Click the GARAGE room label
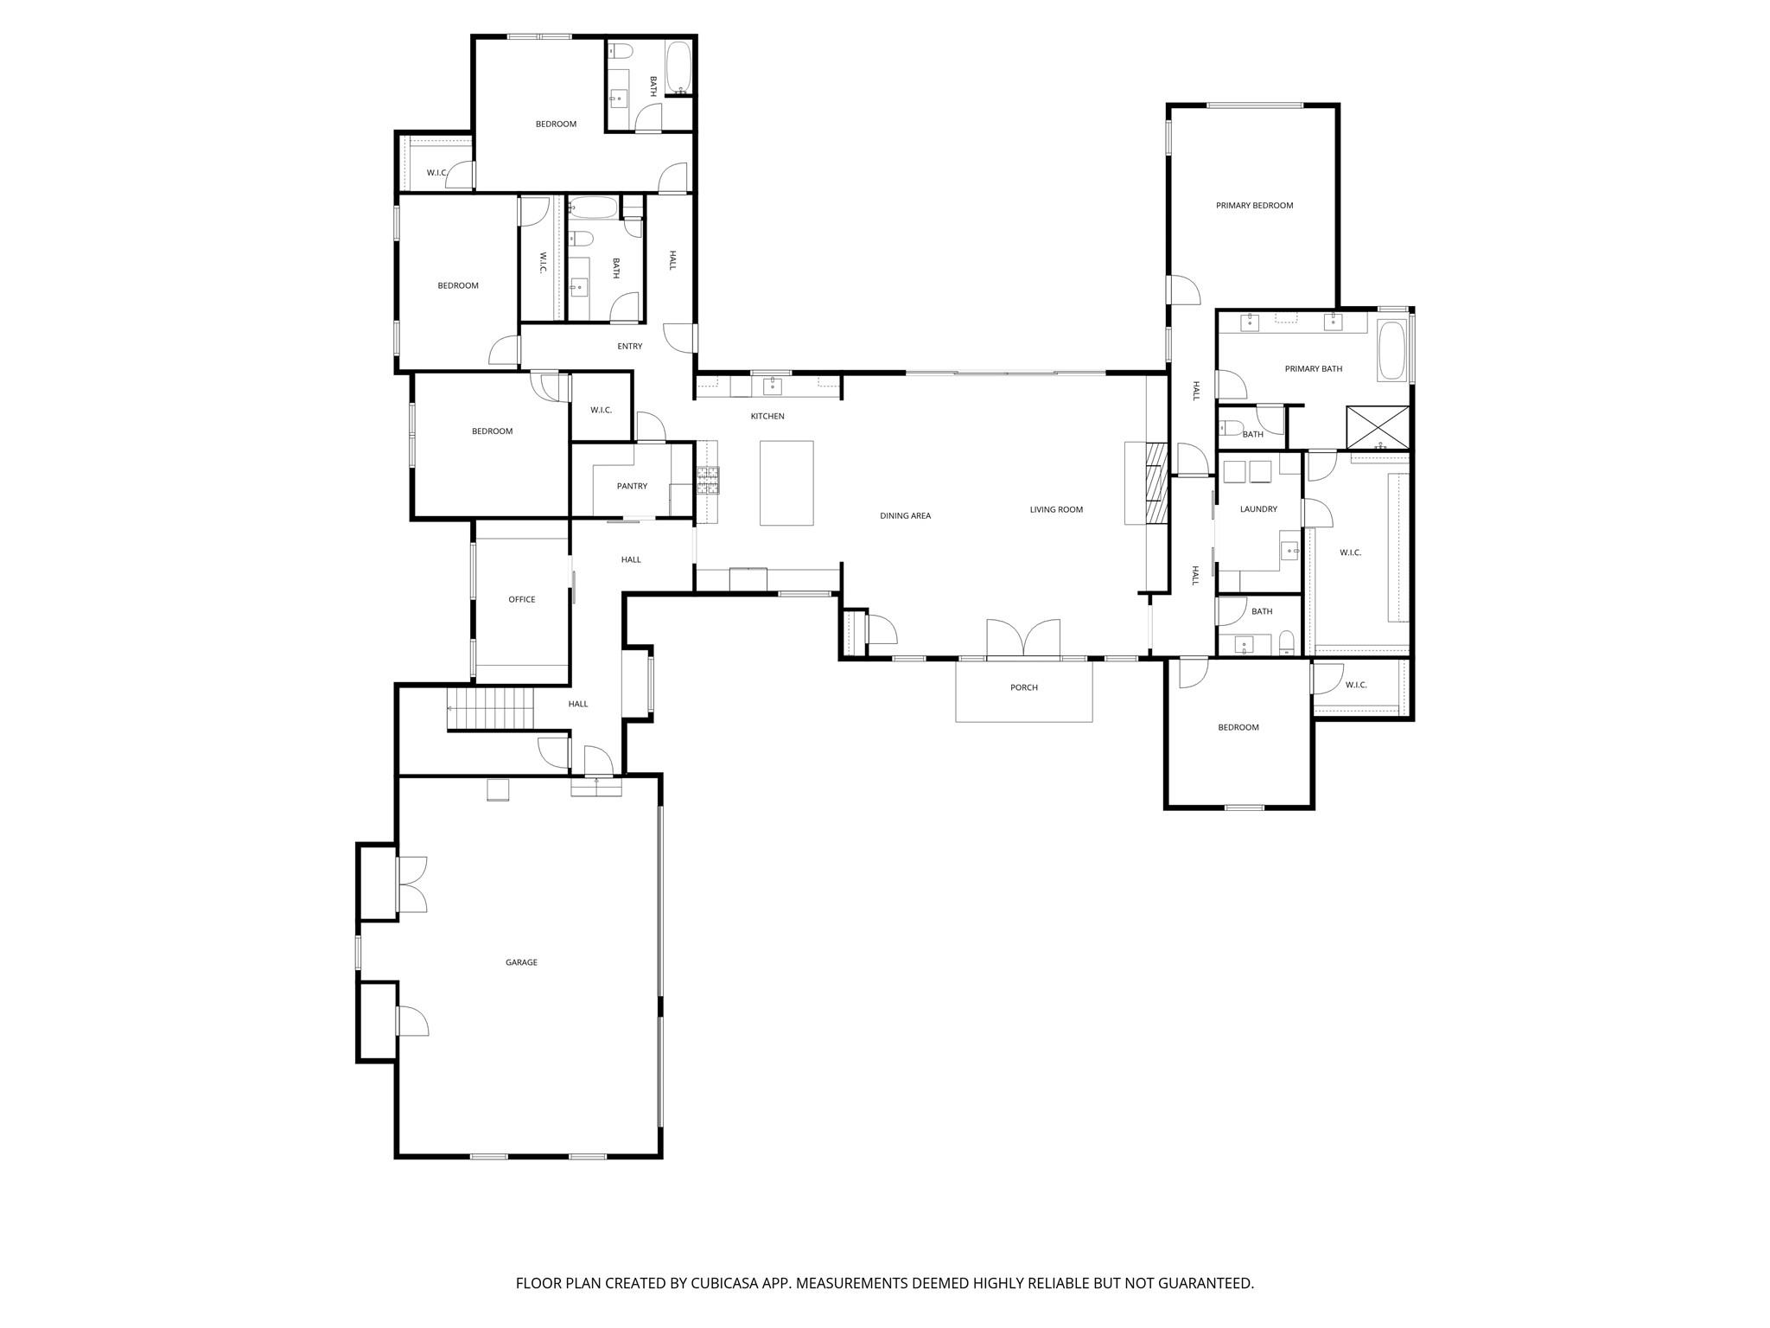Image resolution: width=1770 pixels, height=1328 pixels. click(521, 962)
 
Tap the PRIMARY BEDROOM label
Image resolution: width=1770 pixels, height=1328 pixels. click(1254, 206)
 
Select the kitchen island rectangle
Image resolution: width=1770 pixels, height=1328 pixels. click(786, 482)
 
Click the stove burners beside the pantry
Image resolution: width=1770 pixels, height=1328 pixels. click(709, 480)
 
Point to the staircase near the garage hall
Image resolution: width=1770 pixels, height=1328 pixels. click(490, 709)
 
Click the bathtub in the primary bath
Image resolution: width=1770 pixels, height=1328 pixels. click(1391, 351)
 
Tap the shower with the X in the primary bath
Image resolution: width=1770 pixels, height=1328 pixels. click(1377, 426)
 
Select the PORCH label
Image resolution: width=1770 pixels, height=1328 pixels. click(1023, 687)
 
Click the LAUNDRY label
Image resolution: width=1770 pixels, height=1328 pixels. click(1257, 509)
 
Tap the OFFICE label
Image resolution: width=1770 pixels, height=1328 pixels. click(521, 599)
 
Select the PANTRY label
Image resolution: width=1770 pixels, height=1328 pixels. click(632, 486)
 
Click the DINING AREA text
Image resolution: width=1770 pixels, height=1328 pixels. click(905, 516)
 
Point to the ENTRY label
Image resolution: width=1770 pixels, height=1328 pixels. click(629, 347)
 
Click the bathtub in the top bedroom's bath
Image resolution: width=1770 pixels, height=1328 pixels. click(678, 69)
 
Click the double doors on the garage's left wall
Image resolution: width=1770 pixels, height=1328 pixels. click(411, 884)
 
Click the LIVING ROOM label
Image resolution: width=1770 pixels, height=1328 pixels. click(1056, 510)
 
